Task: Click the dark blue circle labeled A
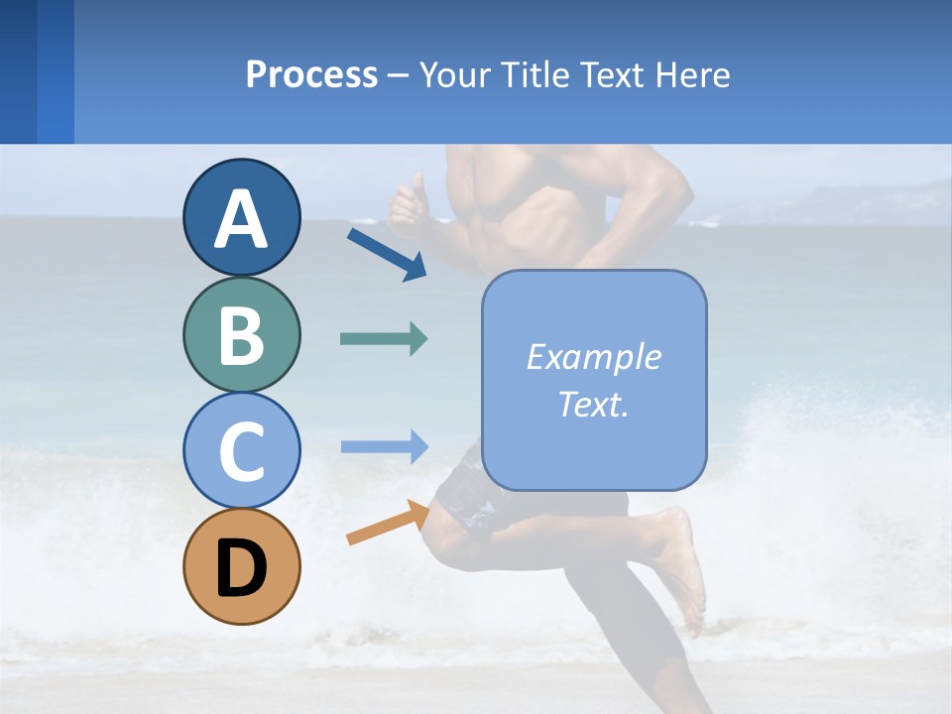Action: click(x=241, y=217)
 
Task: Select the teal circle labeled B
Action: click(x=241, y=334)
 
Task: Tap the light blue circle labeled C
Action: click(x=241, y=450)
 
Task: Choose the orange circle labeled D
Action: click(x=241, y=566)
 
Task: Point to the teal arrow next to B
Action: click(x=384, y=339)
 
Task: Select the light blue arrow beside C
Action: click(x=384, y=446)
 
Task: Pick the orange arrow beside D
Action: click(x=388, y=525)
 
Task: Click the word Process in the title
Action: click(x=311, y=74)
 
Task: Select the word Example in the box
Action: click(x=593, y=357)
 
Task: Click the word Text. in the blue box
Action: click(x=593, y=404)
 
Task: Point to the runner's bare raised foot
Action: click(x=684, y=565)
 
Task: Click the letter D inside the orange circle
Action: click(x=241, y=568)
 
